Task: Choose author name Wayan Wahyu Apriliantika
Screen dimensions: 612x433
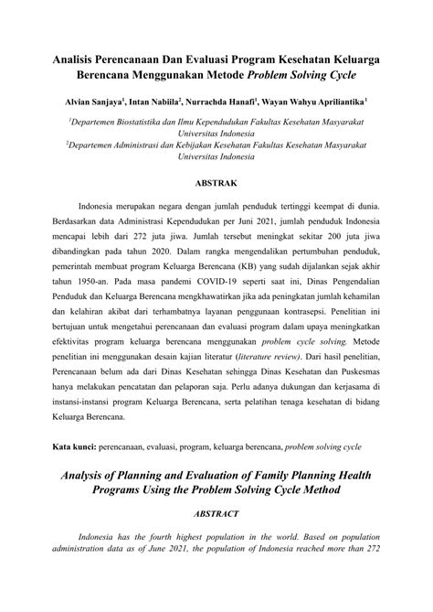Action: point(320,95)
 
